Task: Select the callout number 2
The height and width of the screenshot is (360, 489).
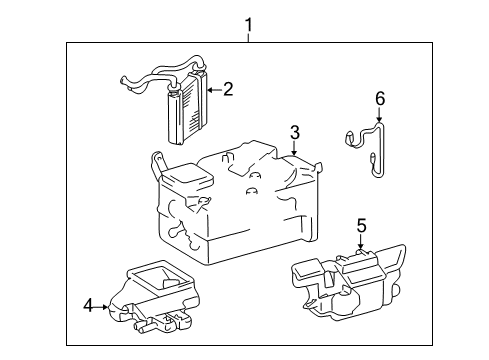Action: tap(228, 90)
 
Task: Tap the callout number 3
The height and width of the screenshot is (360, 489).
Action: tap(295, 131)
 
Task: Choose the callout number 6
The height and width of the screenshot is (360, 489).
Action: tap(379, 98)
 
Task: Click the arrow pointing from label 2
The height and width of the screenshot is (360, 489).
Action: tap(212, 91)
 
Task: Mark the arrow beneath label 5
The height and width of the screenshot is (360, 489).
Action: tap(361, 243)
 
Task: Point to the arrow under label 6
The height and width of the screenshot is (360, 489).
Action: tap(379, 117)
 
